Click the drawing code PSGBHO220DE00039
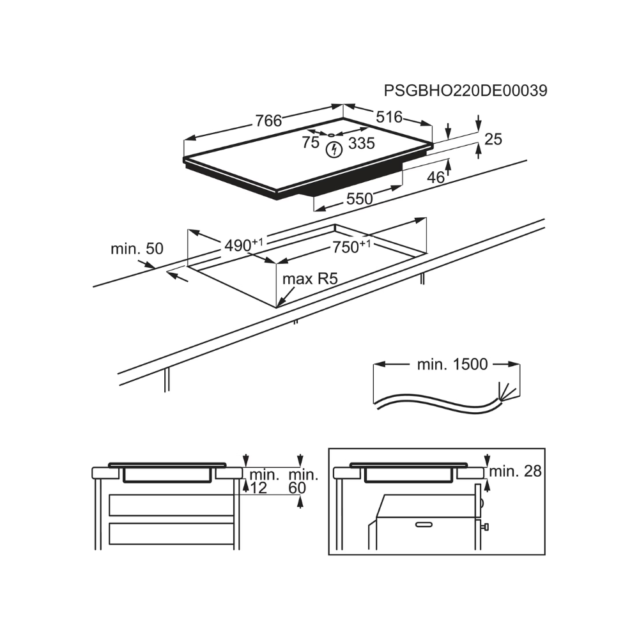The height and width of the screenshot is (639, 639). pos(465,91)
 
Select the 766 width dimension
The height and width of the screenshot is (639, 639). pos(268,121)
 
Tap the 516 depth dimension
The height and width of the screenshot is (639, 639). pos(389,117)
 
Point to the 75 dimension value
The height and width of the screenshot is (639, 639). pos(311,142)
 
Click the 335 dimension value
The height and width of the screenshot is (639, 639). pos(362,143)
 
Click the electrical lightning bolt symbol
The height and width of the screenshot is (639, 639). pos(334,150)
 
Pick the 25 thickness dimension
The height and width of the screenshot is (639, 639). pos(493,139)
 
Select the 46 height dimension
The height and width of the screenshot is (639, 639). pos(436,177)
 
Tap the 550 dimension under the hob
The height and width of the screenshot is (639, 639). pos(359,199)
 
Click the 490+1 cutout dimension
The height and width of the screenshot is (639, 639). pos(243,245)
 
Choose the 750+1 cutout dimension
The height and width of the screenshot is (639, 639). pos(351,247)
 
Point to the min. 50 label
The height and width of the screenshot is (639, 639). pos(137,249)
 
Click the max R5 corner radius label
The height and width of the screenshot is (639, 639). pos(310,279)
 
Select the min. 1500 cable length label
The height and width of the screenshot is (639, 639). pos(452,364)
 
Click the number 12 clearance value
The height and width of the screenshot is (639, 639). pos(258,488)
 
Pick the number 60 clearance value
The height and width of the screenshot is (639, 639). pos(297,488)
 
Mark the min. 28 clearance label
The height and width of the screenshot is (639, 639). pos(515,472)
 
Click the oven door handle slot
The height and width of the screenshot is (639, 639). pos(424,524)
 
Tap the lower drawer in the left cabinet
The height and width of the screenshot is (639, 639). pos(171,534)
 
